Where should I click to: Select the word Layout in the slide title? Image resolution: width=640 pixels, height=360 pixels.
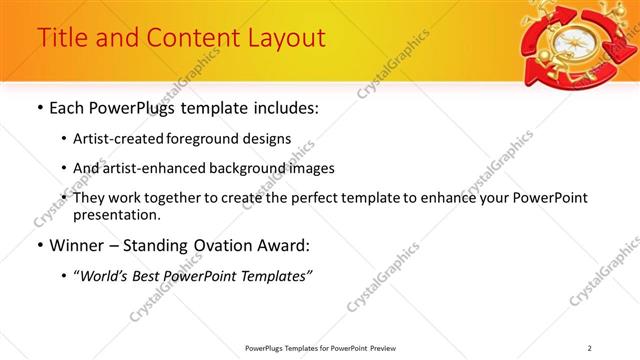tap(285, 38)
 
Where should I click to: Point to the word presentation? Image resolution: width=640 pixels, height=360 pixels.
tap(116, 215)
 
